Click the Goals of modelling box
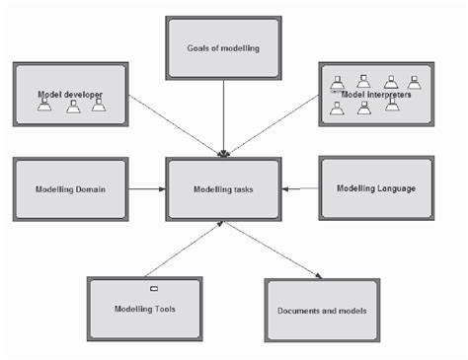click(x=222, y=47)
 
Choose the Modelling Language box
click(x=375, y=187)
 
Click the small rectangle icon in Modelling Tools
click(x=153, y=288)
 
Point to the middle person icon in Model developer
click(x=73, y=105)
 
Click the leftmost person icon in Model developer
click(x=44, y=105)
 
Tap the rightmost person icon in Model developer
click(x=99, y=105)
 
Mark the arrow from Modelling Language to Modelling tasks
click(x=299, y=187)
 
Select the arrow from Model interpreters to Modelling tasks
click(x=276, y=123)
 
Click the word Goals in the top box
click(x=200, y=47)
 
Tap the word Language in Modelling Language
click(x=394, y=187)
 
